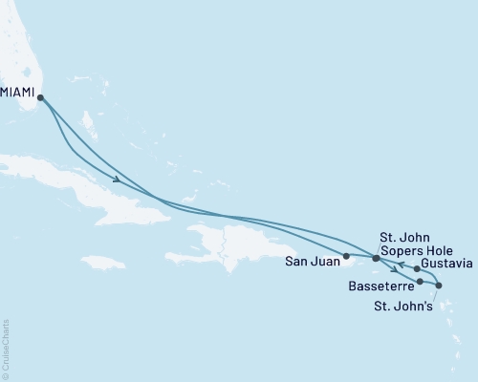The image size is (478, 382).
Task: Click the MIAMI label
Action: point(19,93)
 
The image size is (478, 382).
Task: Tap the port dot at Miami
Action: point(40,96)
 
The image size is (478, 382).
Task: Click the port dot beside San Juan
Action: point(346,256)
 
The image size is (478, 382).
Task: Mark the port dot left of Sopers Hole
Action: point(376,258)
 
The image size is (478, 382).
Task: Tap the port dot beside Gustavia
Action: point(417,268)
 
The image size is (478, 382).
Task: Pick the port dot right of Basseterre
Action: point(421,281)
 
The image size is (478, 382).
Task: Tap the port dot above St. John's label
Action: point(439,286)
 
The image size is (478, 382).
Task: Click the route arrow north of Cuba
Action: point(116,180)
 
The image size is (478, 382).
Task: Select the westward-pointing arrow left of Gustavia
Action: point(402,264)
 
